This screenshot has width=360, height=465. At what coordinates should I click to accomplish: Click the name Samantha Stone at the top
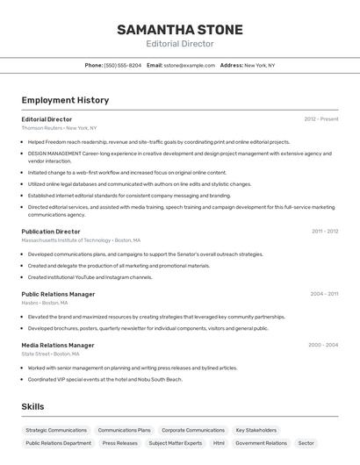click(x=180, y=30)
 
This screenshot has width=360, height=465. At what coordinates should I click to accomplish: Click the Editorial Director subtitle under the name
click(x=180, y=44)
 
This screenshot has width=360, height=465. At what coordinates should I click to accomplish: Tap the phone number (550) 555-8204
click(x=122, y=65)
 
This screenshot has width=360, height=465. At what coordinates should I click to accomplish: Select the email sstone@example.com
click(x=189, y=65)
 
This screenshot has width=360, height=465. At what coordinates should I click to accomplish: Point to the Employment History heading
click(x=65, y=100)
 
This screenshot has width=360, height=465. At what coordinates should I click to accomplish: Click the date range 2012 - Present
click(x=321, y=118)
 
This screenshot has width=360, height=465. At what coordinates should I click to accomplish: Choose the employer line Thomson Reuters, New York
click(x=59, y=128)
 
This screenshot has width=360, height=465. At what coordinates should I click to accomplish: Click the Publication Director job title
click(x=51, y=232)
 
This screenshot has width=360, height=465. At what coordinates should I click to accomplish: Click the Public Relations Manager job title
click(x=58, y=294)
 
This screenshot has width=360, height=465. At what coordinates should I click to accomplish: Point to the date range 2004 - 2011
click(x=324, y=294)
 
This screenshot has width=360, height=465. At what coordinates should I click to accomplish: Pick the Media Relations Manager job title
click(x=58, y=345)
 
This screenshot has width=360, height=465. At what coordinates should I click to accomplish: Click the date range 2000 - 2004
click(x=323, y=345)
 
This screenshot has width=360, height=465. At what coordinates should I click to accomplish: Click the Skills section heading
click(x=32, y=407)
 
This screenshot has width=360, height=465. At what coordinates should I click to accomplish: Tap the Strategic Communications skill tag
click(x=57, y=431)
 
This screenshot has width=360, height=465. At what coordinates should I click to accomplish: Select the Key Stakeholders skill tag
click(x=256, y=431)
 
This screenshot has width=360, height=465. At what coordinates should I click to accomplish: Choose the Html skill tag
click(x=219, y=444)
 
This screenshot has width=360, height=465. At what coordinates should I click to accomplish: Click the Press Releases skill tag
click(x=120, y=444)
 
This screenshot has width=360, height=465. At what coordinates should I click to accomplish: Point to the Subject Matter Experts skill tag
click(x=176, y=444)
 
